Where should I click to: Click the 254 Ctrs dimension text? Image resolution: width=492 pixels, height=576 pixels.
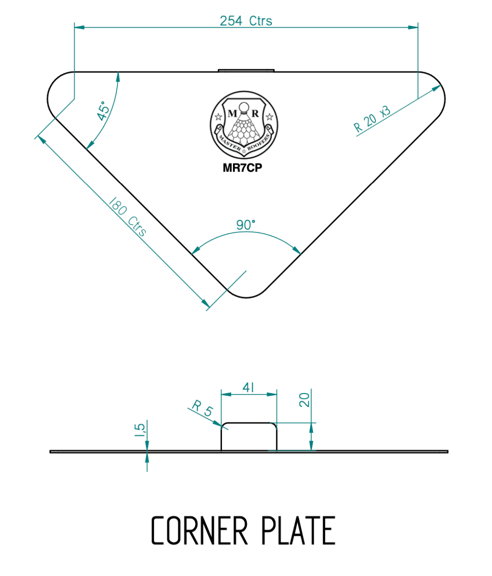tap(246, 21)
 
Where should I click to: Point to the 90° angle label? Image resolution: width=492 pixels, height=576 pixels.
tap(246, 225)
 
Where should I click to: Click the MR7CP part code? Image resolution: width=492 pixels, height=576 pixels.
tap(245, 169)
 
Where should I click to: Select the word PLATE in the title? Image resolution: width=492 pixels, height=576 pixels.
tap(298, 531)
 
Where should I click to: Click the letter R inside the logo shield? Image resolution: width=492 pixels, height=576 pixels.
tap(255, 114)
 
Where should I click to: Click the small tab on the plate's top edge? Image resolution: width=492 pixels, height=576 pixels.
tap(246, 71)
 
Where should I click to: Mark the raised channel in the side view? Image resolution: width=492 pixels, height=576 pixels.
tap(248, 437)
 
